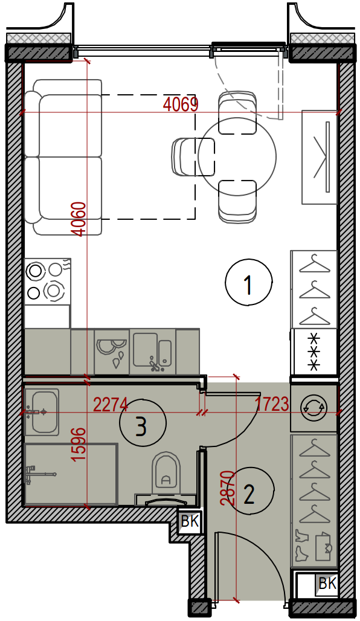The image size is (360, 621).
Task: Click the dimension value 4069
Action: click(x=180, y=105)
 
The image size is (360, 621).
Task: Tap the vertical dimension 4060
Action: click(x=80, y=219)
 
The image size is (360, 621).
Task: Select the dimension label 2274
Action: click(x=111, y=405)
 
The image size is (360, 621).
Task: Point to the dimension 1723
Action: click(x=272, y=405)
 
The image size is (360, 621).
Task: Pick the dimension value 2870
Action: click(x=228, y=487)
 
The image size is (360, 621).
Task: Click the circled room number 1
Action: click(x=249, y=282)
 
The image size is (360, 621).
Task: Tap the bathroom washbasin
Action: click(x=41, y=411)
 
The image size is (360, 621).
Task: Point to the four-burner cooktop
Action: click(x=47, y=281)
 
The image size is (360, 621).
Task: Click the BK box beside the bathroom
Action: click(x=190, y=522)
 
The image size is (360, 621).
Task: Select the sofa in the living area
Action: click(x=63, y=157)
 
